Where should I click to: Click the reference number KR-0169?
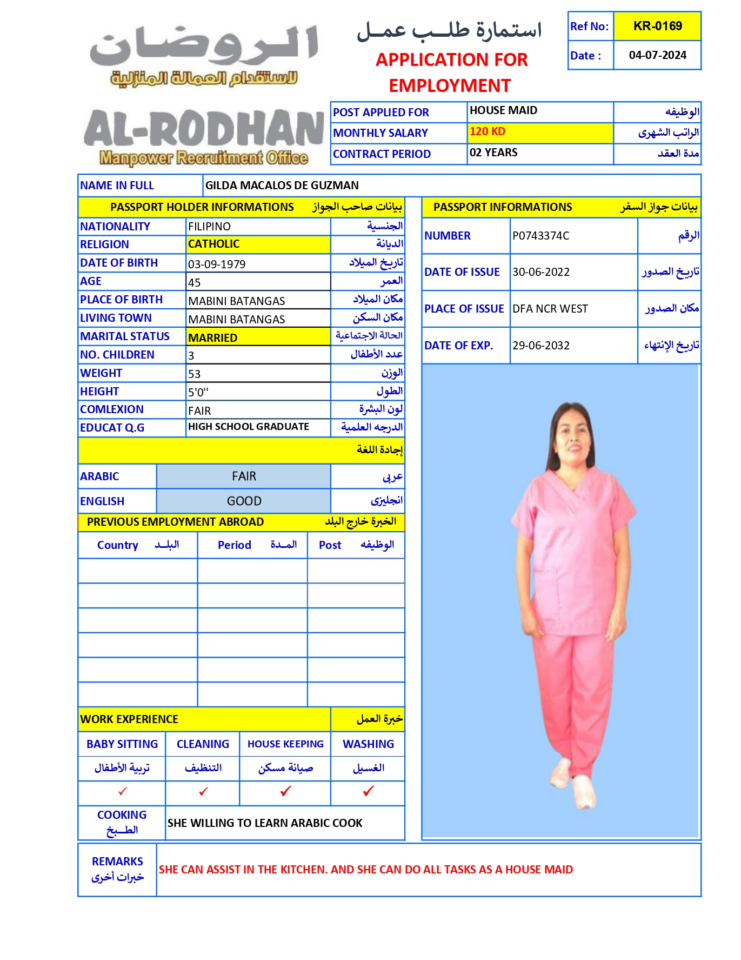(x=657, y=26)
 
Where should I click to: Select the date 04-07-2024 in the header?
(x=657, y=55)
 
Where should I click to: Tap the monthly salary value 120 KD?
(x=488, y=131)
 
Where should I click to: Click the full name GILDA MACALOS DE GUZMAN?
(x=282, y=186)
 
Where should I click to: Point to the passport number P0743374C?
(x=540, y=236)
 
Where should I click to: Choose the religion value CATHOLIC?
(x=214, y=244)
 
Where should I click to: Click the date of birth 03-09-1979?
(x=217, y=264)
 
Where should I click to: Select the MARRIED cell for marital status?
(x=213, y=338)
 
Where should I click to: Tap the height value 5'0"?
(x=198, y=392)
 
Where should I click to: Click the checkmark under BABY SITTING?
(x=123, y=792)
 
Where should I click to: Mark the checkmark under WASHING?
(x=368, y=792)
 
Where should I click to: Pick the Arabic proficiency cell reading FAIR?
(x=244, y=476)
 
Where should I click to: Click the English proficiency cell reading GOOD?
(x=244, y=501)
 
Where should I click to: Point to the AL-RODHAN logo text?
(x=204, y=129)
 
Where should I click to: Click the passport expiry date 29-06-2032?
(x=541, y=346)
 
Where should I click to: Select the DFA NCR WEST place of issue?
(x=550, y=309)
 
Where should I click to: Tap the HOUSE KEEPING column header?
(x=285, y=744)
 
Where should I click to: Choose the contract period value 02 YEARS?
(x=493, y=153)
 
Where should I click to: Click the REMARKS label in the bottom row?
(x=117, y=862)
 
